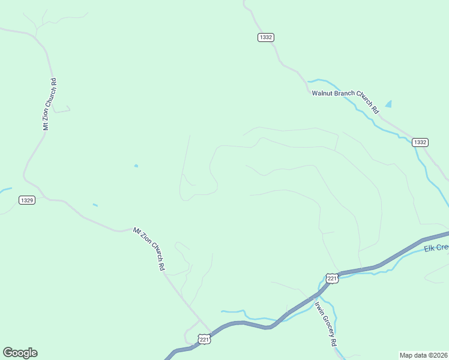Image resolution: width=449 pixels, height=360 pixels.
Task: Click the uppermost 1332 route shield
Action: (266, 37)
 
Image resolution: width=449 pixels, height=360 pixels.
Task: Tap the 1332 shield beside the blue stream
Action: (420, 142)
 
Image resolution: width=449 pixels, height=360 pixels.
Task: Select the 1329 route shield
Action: (26, 200)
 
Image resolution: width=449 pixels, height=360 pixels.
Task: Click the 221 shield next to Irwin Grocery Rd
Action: (332, 278)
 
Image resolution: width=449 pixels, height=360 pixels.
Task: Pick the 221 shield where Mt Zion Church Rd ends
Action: (205, 340)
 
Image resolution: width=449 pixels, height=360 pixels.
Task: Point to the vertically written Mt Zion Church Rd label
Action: (49, 104)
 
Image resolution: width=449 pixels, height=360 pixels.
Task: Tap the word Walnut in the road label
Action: (323, 93)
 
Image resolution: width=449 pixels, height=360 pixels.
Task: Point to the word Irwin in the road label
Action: (318, 305)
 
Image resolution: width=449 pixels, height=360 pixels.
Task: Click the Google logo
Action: (20, 353)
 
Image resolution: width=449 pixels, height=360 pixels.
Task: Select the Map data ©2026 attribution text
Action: (423, 355)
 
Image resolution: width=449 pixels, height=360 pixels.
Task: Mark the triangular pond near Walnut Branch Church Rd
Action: (388, 104)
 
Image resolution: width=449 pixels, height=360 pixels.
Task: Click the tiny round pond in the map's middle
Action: (136, 166)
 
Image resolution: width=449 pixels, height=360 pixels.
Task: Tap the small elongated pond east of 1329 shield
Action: (95, 205)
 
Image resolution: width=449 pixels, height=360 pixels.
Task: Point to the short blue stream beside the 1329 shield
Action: (5, 190)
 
